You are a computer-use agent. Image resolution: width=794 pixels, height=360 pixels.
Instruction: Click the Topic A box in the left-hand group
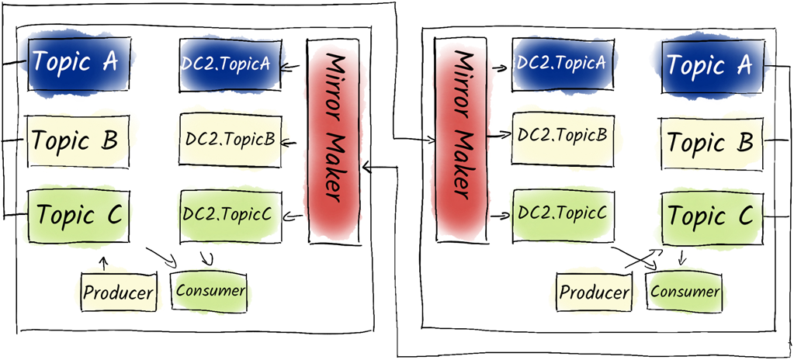74,62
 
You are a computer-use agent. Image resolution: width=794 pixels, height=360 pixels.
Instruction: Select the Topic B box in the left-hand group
74,140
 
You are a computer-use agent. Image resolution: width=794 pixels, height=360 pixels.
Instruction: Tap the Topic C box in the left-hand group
78,215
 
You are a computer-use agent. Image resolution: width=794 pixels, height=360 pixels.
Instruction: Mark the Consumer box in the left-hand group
210,291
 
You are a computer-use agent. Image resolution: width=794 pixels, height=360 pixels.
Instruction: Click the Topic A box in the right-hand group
710,65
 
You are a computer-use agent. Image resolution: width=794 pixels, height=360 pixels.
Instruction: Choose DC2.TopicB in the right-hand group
560,135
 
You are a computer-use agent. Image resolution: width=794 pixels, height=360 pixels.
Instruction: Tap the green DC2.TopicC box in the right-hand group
560,211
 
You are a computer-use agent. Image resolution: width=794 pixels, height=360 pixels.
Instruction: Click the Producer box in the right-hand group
594,292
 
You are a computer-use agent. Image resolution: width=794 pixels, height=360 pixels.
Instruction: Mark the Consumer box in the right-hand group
685,291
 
